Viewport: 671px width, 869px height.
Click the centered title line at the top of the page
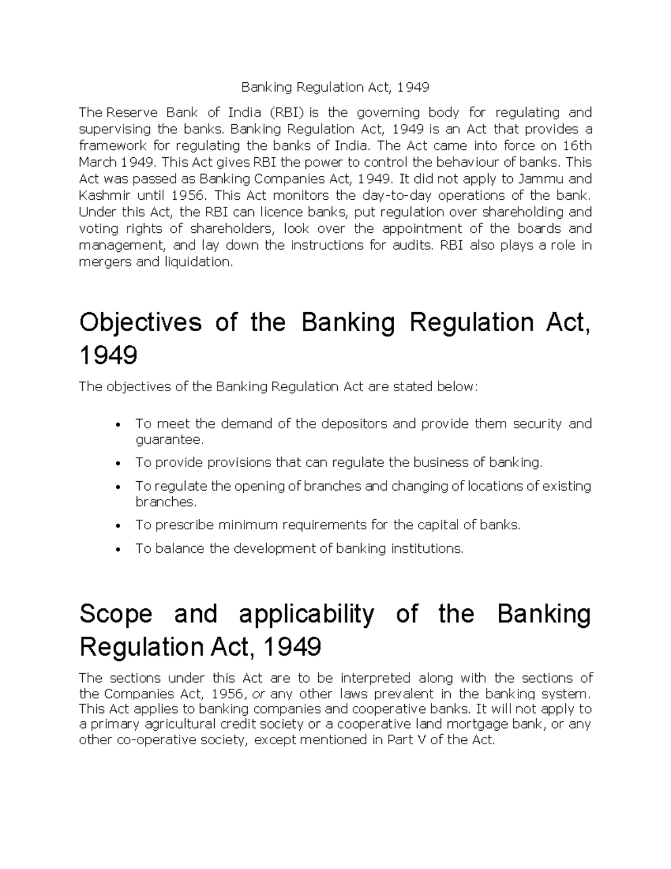(335, 87)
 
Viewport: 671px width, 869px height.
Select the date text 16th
(578, 145)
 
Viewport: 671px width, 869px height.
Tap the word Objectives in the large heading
(140, 323)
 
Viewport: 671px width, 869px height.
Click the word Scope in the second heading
(116, 614)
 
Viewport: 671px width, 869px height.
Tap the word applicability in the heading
(306, 614)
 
